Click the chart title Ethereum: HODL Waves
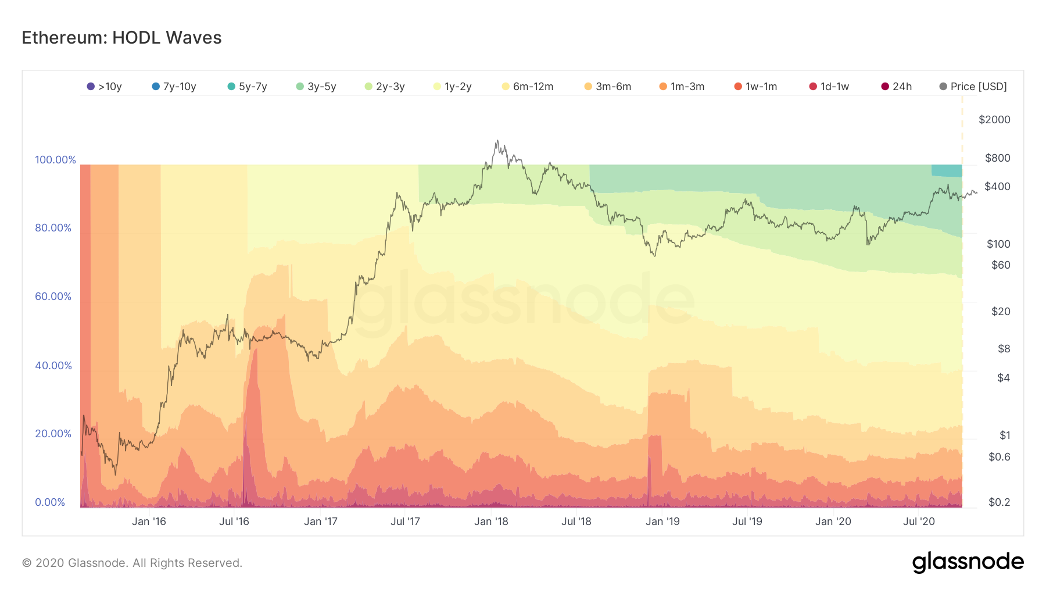(x=121, y=38)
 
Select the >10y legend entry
(x=104, y=87)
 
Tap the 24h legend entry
(x=896, y=87)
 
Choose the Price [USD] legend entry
(x=973, y=87)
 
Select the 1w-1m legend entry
(x=755, y=87)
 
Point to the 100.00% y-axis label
(x=55, y=160)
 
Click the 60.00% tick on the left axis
(x=53, y=297)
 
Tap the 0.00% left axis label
(x=50, y=502)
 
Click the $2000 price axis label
(x=994, y=120)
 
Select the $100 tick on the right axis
(x=998, y=244)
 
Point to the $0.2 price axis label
(x=999, y=502)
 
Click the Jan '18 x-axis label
(x=491, y=522)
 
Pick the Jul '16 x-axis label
(x=234, y=522)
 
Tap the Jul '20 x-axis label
(x=919, y=522)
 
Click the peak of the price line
(x=497, y=140)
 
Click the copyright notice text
(x=132, y=563)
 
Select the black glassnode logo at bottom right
(x=968, y=562)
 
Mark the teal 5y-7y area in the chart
(x=947, y=170)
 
